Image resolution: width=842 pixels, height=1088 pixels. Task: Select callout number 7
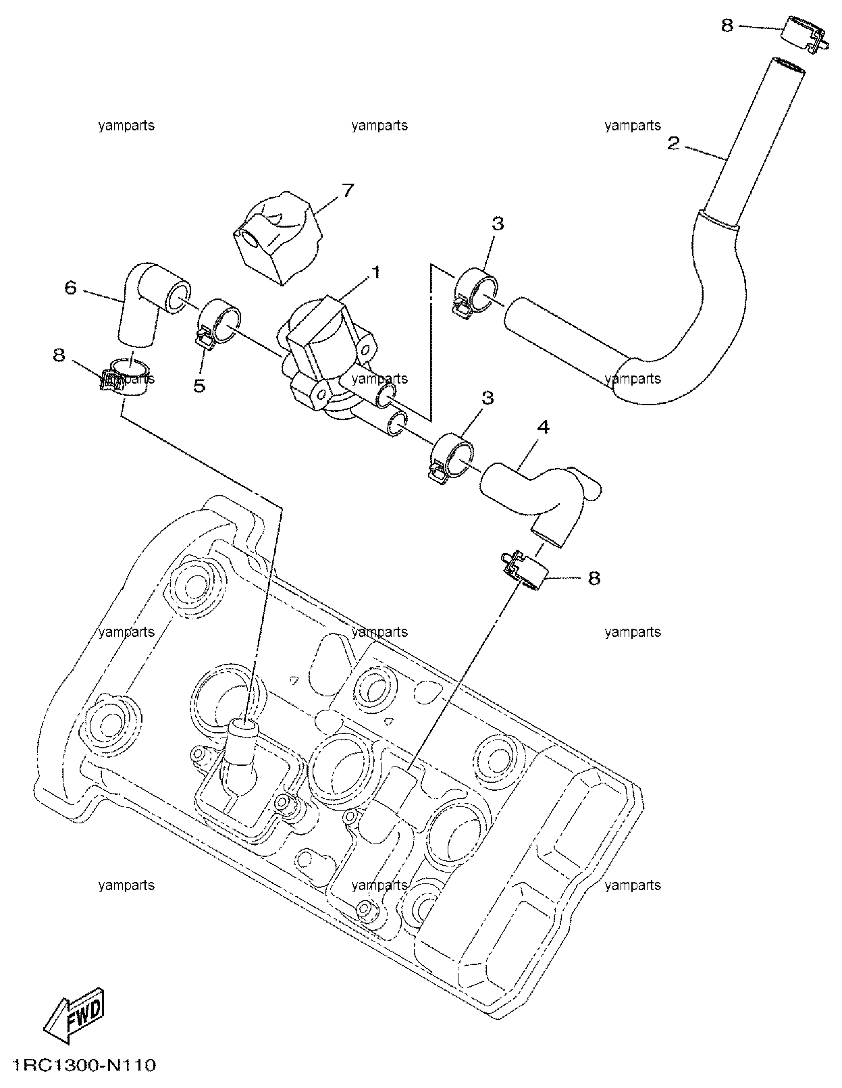[347, 190]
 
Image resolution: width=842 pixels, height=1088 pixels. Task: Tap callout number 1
[375, 274]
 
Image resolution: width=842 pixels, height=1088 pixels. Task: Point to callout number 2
[674, 144]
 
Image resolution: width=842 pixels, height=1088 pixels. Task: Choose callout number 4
[543, 427]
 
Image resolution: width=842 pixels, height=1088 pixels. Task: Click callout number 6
[71, 288]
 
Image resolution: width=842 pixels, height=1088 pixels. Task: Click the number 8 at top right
[727, 25]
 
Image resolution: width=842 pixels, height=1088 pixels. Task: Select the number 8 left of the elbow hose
[59, 355]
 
